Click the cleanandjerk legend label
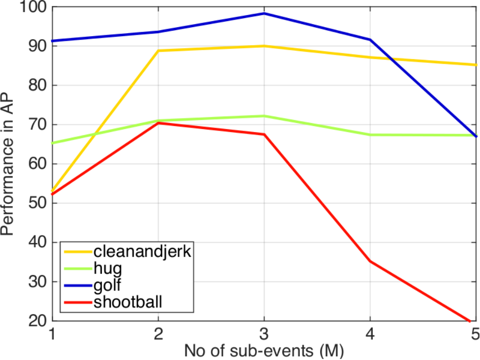coord(143,252)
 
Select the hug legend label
coord(108,269)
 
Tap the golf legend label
coord(107,285)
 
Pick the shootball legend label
coord(128,302)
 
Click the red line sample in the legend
coord(78,303)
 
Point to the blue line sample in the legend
coord(78,286)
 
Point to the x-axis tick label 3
coord(264,334)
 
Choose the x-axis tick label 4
coord(370,334)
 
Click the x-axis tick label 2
coord(158,334)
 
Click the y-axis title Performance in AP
coord(7,164)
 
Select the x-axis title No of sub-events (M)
coord(264,351)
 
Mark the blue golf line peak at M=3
coord(264,14)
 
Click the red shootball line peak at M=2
coord(158,123)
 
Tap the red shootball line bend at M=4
coord(370,262)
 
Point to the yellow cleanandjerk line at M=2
coord(158,51)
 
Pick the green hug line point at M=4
coord(370,135)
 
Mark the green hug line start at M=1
coord(53,143)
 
